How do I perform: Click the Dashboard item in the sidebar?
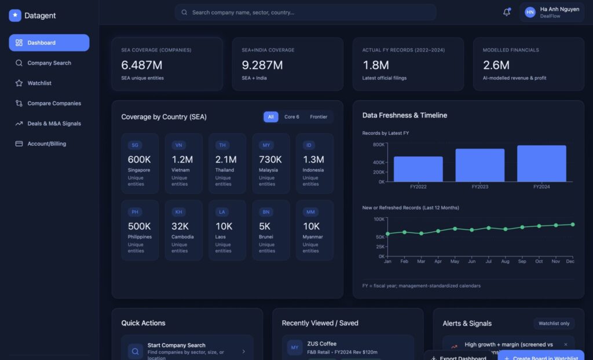49,43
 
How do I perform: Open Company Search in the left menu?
49,63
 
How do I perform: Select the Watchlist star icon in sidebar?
19,83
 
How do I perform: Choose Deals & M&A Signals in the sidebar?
54,123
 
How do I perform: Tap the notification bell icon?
506,12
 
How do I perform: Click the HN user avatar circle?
530,12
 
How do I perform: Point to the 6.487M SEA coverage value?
142,65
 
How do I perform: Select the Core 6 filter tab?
292,117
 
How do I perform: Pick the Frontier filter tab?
319,117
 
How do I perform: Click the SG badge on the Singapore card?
135,145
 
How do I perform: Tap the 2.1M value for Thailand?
226,160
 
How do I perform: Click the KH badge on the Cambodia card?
179,212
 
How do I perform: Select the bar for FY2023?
479,165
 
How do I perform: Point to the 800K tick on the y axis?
379,145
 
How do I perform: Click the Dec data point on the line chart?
572,224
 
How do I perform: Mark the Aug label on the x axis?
505,262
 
